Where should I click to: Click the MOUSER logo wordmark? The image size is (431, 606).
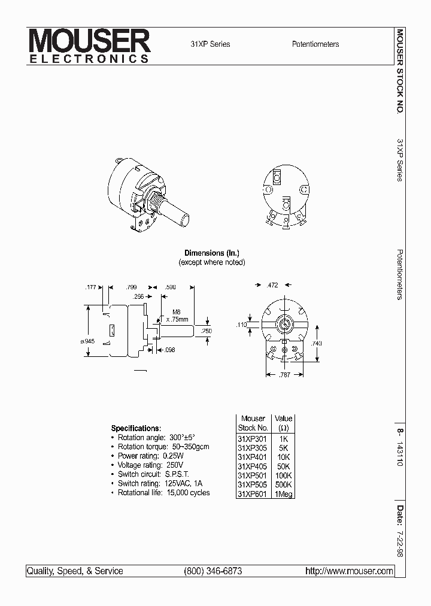tap(90, 42)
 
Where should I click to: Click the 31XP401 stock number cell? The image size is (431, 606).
tap(252, 456)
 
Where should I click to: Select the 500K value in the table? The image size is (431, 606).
tap(283, 484)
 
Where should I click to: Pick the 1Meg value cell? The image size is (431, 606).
tap(283, 494)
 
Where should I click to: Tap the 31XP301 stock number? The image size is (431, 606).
tap(252, 437)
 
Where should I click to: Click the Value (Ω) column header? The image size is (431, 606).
tap(283, 423)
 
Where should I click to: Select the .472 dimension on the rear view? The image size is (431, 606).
tap(273, 286)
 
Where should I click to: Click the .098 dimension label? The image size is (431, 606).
tap(169, 350)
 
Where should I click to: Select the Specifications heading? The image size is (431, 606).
tap(136, 429)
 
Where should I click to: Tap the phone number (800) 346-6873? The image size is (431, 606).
tap(213, 571)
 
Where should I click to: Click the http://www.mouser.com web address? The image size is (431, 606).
tap(349, 571)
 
